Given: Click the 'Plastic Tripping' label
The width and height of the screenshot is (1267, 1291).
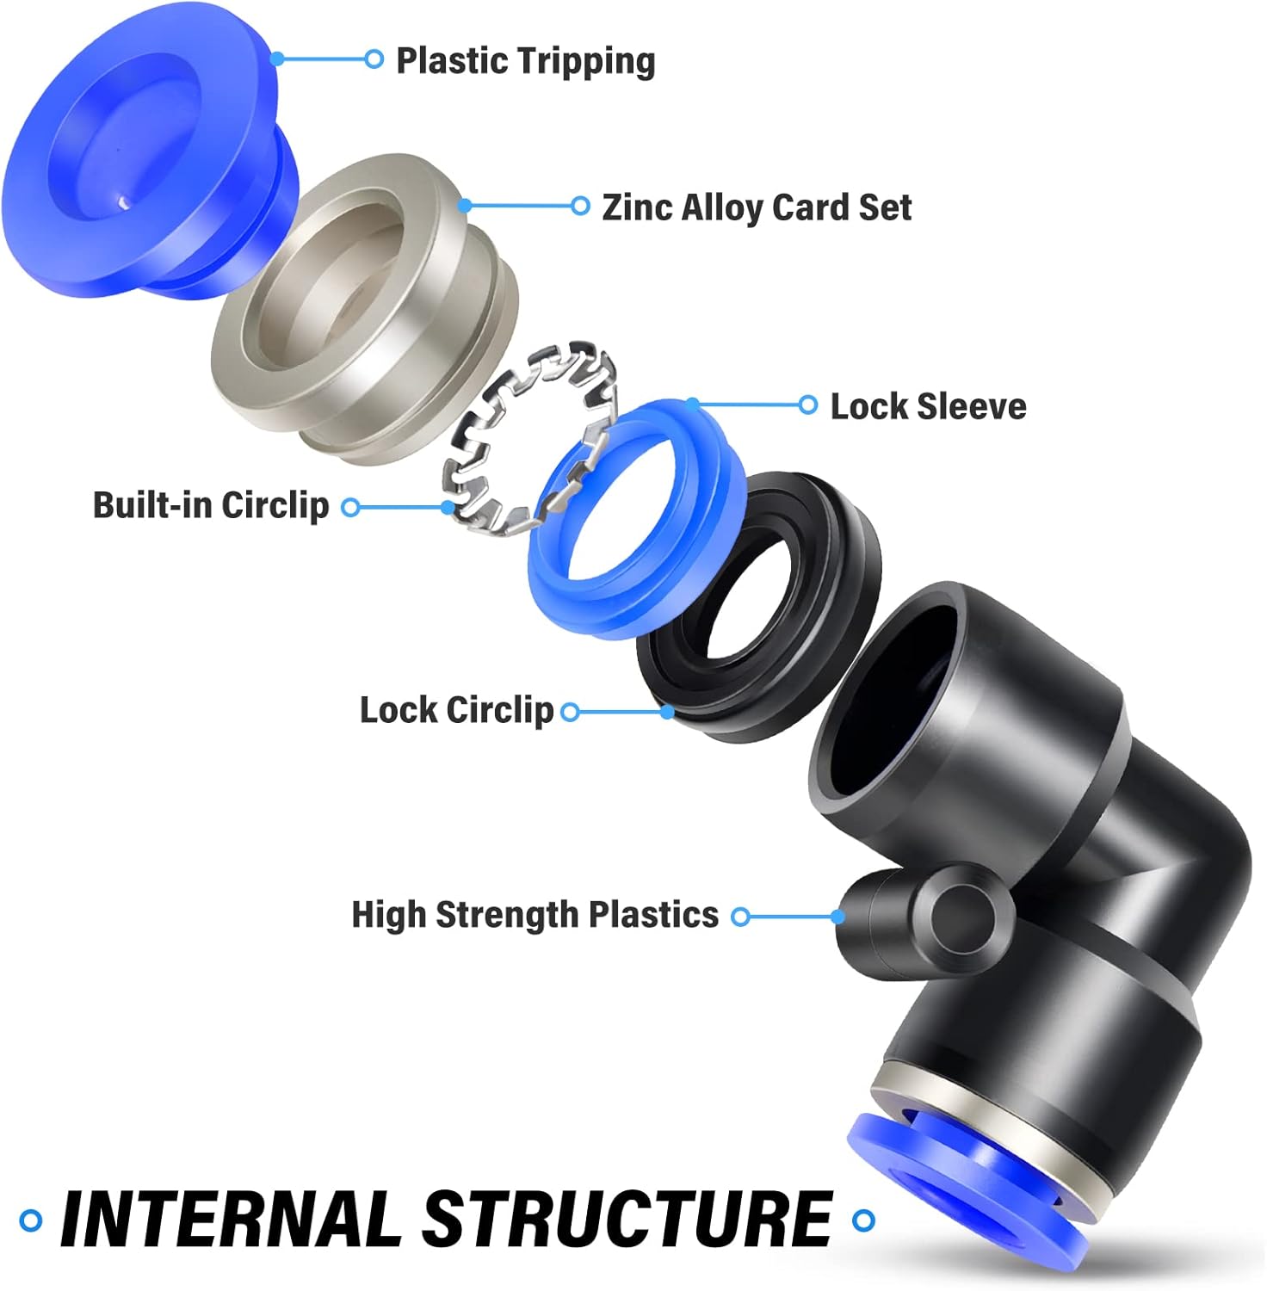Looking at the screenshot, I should click(525, 61).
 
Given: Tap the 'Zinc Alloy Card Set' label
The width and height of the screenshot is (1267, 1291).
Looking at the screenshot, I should click(756, 207).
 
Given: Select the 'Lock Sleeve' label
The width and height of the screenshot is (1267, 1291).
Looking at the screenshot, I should click(928, 407).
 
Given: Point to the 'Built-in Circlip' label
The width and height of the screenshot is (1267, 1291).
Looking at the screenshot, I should click(211, 505).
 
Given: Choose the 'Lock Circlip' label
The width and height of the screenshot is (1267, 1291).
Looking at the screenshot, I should click(456, 711).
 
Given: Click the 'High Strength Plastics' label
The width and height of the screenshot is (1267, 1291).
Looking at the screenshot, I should click(535, 915).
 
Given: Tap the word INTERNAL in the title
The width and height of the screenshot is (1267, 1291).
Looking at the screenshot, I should click(231, 1220).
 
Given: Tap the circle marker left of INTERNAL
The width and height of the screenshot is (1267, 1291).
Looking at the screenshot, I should click(31, 1220).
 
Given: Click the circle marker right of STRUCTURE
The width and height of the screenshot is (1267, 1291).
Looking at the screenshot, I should click(863, 1220).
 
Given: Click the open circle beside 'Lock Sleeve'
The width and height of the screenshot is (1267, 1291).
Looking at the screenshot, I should click(807, 405).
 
